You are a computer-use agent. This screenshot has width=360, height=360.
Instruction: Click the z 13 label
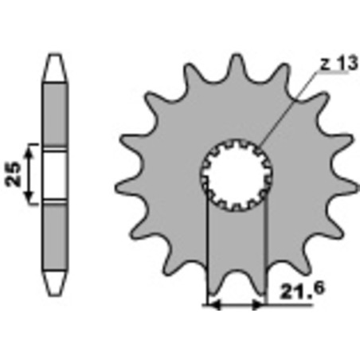tap(339, 64)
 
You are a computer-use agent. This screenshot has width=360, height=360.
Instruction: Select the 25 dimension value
tap(13, 174)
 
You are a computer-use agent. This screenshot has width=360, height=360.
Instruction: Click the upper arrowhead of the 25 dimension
tap(29, 152)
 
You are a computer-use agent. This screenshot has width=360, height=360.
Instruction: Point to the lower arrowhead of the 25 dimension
tap(29, 197)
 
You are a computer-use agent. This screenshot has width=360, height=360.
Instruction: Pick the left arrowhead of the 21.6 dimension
tap(214, 305)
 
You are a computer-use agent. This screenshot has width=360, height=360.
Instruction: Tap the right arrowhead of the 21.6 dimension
tap(258, 305)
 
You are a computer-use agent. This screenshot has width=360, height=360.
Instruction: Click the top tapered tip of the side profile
tap(55, 68)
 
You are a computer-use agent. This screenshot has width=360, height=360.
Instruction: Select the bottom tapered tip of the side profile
tap(55, 284)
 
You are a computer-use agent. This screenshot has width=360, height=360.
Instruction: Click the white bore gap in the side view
tap(55, 175)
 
